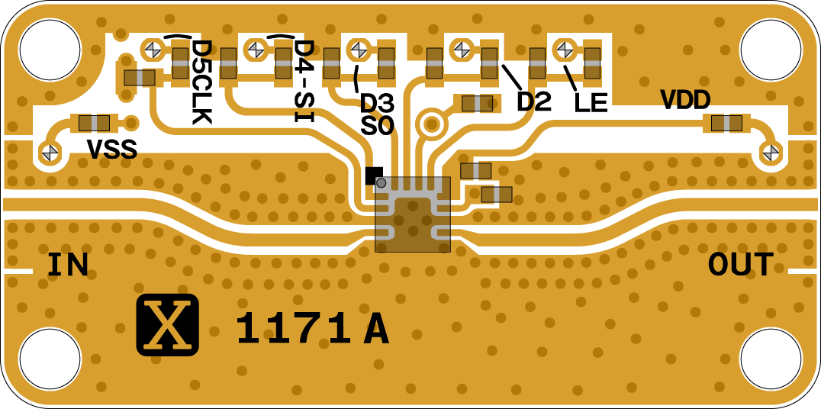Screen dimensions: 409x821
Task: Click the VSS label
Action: (111, 150)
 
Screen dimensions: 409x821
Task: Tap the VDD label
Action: (685, 99)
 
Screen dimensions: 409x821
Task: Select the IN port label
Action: (68, 265)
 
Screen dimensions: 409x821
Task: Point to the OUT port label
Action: (740, 265)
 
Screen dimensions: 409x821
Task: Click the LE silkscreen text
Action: (591, 103)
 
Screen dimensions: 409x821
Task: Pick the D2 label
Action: (533, 101)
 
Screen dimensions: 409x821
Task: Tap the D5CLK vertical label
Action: (201, 82)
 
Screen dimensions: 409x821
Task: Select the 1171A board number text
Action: (312, 330)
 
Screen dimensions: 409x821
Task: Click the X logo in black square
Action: (168, 324)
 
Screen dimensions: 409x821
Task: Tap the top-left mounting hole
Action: (50, 49)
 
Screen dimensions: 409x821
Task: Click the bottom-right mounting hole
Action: (771, 358)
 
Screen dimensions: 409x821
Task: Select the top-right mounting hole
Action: (771, 49)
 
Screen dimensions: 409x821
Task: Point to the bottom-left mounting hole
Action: (50, 358)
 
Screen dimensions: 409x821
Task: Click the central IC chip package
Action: (413, 214)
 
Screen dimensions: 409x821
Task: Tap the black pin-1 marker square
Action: (374, 176)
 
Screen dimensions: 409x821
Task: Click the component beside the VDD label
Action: (726, 123)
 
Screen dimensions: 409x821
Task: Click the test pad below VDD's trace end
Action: (771, 153)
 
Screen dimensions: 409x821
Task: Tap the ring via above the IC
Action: (432, 123)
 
